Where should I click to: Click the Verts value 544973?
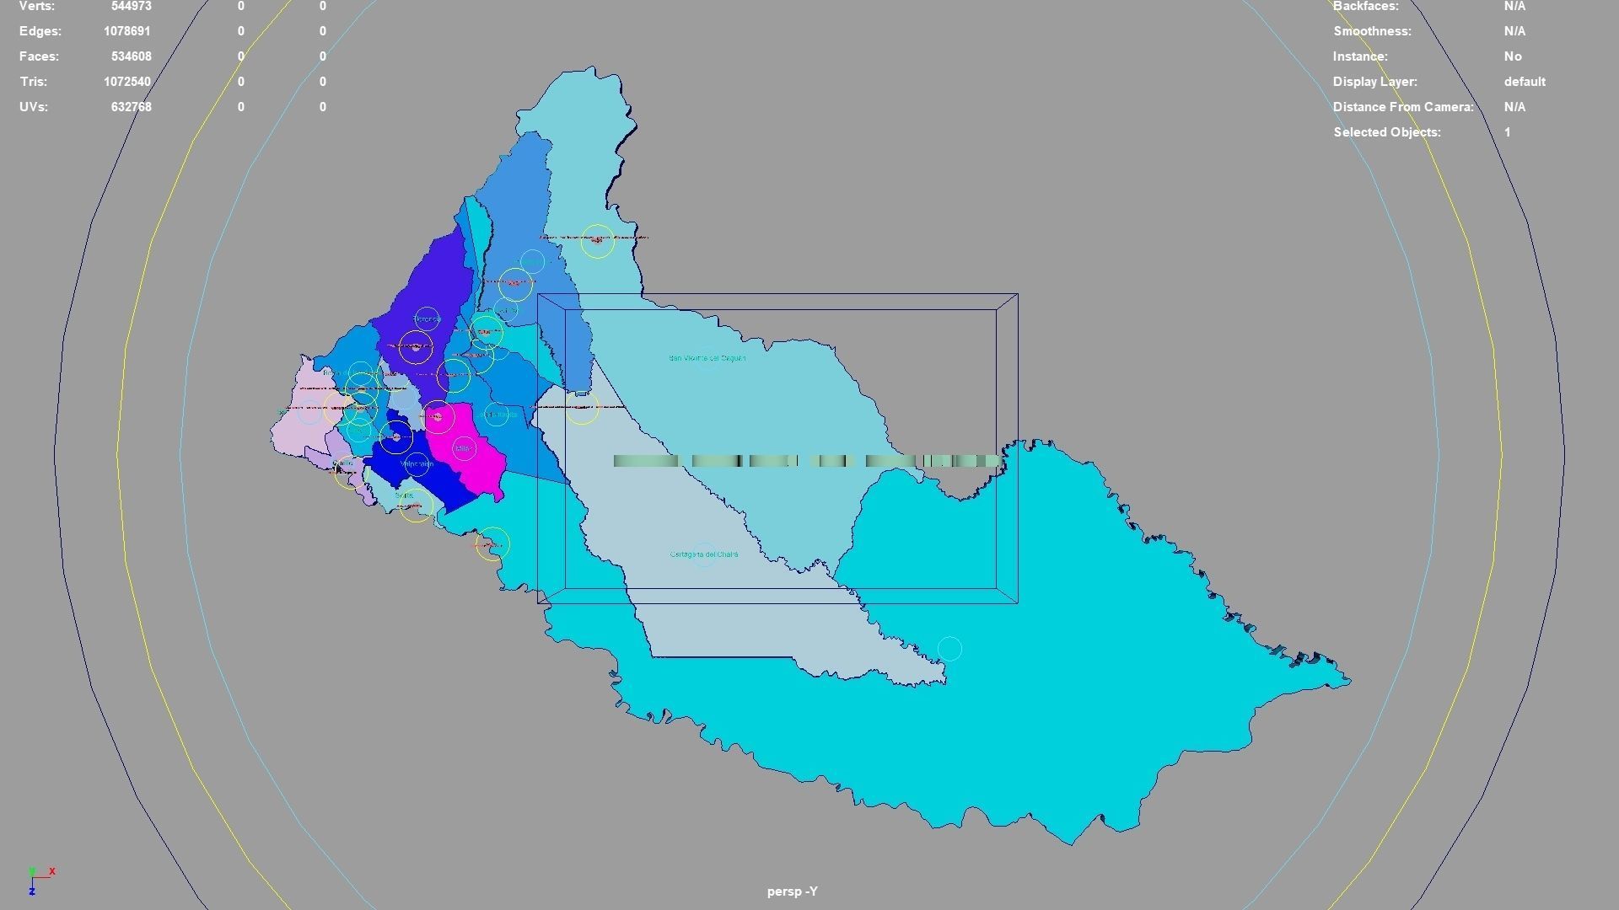[x=131, y=6]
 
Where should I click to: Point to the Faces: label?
[x=40, y=56]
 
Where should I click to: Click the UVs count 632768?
[x=131, y=107]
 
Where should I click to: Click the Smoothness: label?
[x=1372, y=31]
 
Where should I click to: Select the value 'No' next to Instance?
[x=1513, y=56]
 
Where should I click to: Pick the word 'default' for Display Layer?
[x=1525, y=82]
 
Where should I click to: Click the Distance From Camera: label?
[x=1403, y=107]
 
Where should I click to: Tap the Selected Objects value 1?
[x=1508, y=132]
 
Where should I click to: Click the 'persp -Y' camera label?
[x=792, y=891]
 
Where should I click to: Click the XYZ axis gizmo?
[x=37, y=879]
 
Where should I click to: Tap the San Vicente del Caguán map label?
[x=707, y=358]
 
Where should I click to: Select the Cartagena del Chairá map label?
[x=704, y=554]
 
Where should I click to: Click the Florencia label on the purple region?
[x=428, y=318]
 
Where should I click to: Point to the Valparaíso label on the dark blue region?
[x=417, y=464]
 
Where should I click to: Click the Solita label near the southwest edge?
[x=405, y=495]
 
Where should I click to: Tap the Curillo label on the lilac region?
[x=344, y=463]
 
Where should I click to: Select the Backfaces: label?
[x=1366, y=6]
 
